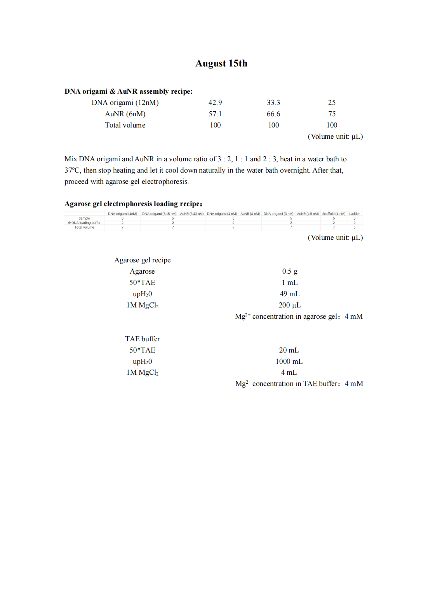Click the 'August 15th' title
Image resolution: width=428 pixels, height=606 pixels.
click(221, 63)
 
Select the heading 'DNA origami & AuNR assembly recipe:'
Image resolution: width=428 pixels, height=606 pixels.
click(128, 91)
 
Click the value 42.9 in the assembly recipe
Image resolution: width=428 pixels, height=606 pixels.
click(215, 103)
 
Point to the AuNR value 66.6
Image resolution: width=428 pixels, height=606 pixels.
click(273, 114)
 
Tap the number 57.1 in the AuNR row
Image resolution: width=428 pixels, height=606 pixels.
click(215, 114)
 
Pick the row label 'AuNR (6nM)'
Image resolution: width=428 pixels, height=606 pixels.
click(125, 114)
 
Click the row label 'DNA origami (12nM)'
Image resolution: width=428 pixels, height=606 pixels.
click(125, 103)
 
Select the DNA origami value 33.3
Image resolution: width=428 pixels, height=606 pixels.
click(273, 103)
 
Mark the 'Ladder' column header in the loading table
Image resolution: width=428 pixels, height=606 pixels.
click(354, 214)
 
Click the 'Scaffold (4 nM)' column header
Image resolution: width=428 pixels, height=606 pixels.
click(334, 214)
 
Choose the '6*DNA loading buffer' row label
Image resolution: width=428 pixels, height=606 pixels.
click(84, 223)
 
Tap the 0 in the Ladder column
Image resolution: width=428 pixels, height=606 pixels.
click(354, 223)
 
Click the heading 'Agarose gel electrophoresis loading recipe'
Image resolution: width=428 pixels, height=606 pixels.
click(133, 204)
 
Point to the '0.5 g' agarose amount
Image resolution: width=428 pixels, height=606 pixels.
click(290, 271)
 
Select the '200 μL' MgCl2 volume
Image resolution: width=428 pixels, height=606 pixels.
click(290, 305)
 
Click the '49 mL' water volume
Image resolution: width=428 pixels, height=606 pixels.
click(290, 294)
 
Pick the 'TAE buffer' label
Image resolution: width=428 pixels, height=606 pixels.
click(142, 339)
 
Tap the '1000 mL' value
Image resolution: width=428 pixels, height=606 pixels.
click(289, 362)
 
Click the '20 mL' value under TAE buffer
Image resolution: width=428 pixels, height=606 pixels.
click(289, 350)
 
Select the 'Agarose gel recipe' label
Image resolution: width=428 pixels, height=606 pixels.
click(142, 260)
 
